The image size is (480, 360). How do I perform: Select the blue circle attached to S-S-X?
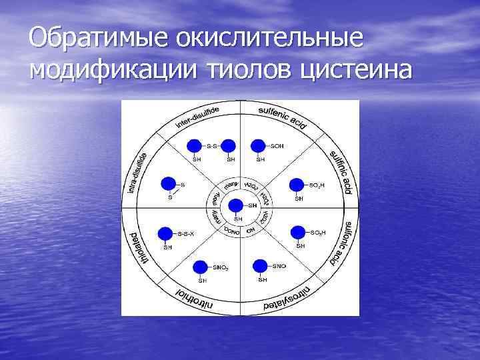pos(165,233)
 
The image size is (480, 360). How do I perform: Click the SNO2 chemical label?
pos(221,267)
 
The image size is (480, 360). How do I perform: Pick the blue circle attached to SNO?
pos(261,266)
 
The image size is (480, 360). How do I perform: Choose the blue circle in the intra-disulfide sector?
pos(169,183)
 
